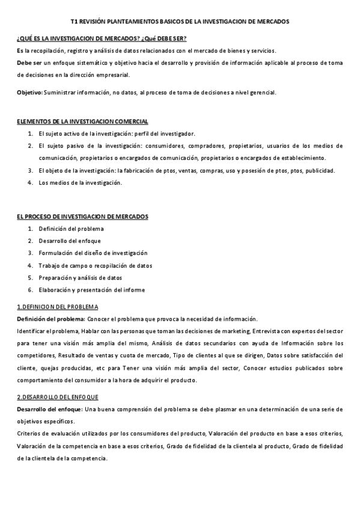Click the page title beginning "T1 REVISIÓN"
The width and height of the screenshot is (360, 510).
tap(180, 21)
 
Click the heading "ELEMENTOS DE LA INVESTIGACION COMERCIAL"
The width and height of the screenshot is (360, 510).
tap(82, 121)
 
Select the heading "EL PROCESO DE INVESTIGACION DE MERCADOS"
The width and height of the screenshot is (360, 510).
tap(82, 216)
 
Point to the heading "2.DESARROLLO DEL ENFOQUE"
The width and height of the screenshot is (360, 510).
tap(58, 397)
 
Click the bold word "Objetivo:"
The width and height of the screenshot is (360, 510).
tap(29, 92)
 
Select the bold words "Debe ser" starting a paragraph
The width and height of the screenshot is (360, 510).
tap(29, 63)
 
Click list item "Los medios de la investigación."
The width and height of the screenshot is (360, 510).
tap(80, 183)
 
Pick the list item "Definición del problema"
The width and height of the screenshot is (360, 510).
tap(71, 229)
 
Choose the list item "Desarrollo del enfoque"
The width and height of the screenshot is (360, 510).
tap(70, 241)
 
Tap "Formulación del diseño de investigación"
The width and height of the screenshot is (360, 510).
tap(93, 253)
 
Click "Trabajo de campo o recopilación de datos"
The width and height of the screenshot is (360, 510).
tap(95, 265)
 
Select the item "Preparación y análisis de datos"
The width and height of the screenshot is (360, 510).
tap(80, 278)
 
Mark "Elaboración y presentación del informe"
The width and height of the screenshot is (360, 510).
tap(91, 290)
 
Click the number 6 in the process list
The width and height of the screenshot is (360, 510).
tap(30, 290)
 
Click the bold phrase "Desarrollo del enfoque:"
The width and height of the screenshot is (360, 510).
tap(49, 409)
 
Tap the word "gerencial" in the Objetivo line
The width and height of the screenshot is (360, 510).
tap(263, 92)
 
